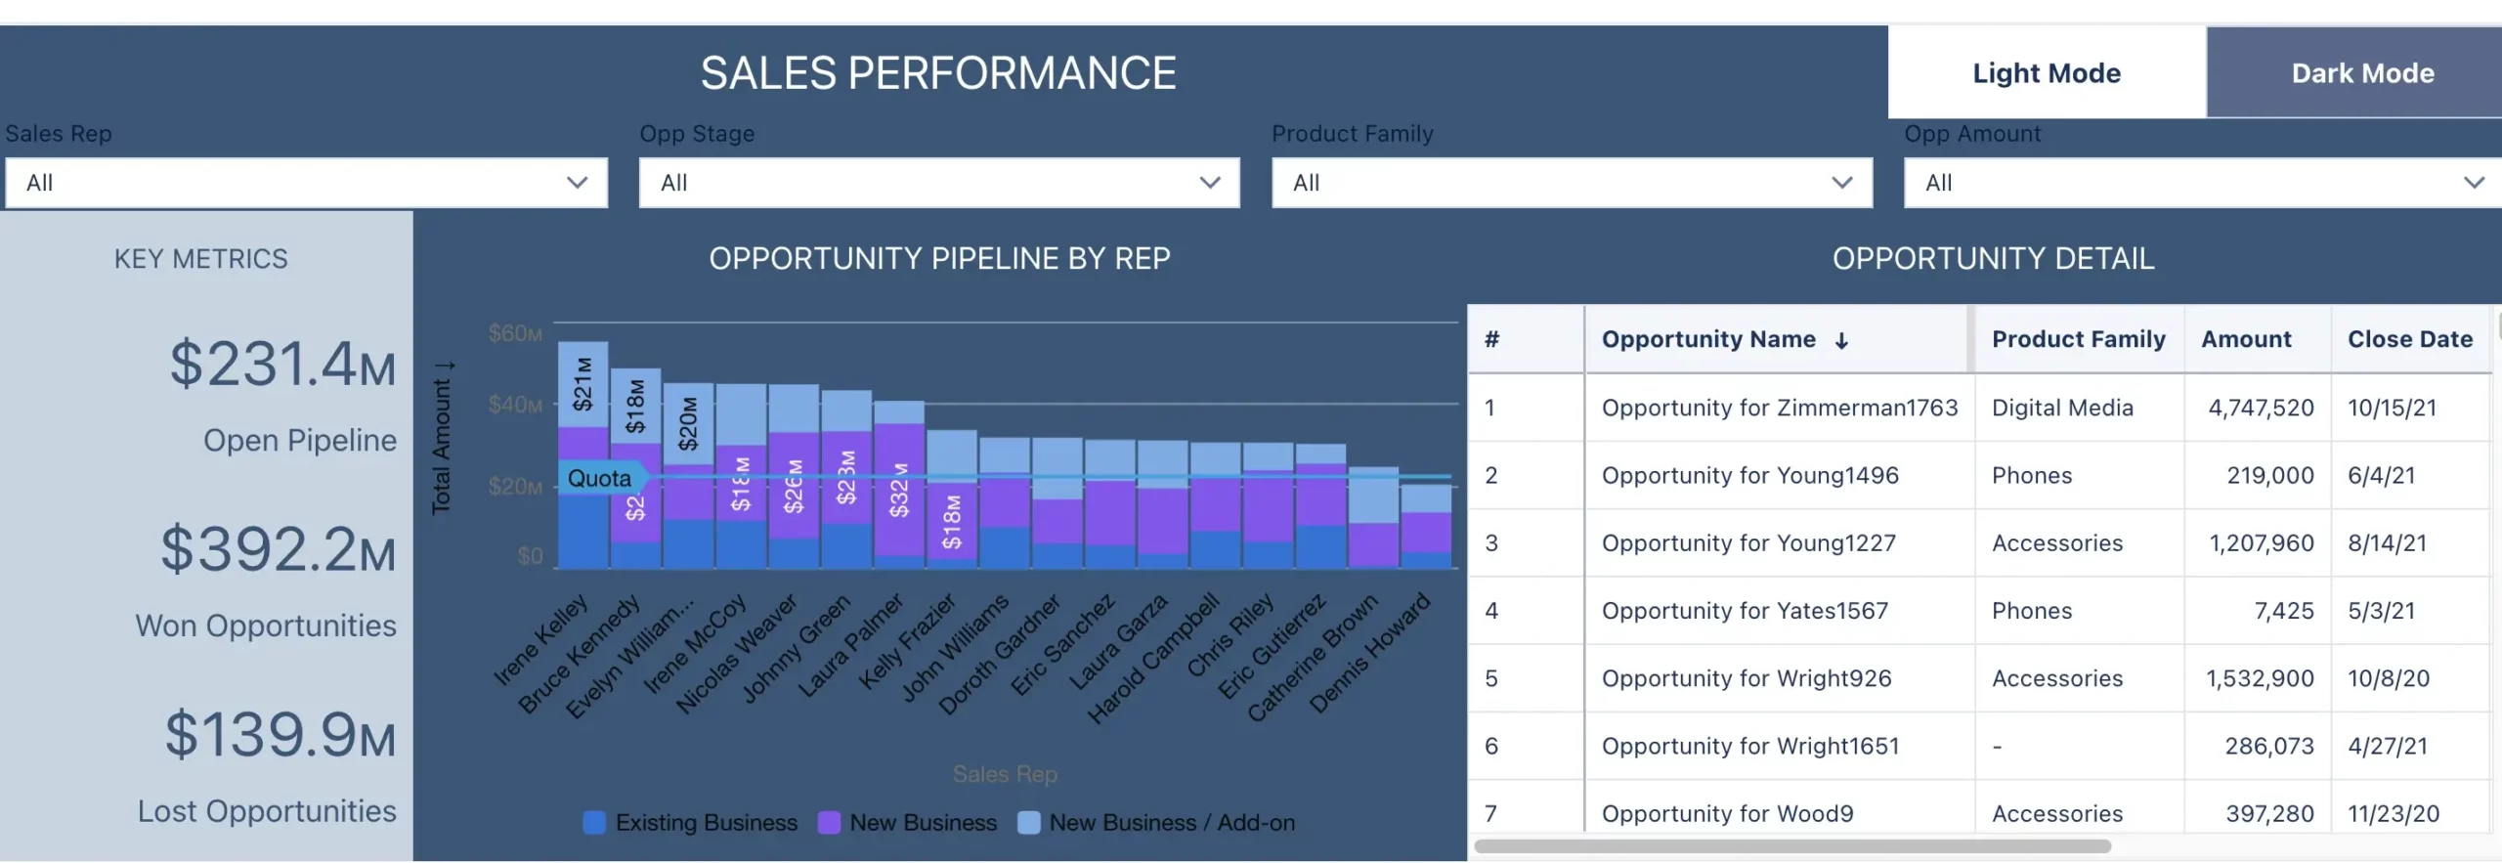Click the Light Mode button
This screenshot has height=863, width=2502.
pos(2046,73)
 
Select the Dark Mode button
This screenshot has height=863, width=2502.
pos(2362,73)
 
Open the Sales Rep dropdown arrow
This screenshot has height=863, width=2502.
pos(578,183)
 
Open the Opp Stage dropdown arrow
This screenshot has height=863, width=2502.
pos(1210,183)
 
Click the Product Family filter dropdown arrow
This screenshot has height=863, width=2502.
pos(1842,183)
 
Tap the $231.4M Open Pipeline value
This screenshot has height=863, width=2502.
pos(282,365)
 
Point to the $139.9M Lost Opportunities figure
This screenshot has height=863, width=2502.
pos(280,735)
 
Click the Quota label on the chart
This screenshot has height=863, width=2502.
pos(599,478)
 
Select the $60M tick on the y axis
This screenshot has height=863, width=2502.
pos(515,334)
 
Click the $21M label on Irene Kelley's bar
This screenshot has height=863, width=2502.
pos(582,383)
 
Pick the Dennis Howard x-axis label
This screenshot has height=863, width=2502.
pos(1370,652)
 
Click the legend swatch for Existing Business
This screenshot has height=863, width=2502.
pos(593,823)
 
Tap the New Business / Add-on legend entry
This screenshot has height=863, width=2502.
pos(1171,823)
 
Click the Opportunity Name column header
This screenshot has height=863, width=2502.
pos(1708,339)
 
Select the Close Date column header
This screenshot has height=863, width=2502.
pos(2409,339)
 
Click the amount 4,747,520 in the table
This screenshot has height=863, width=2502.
pos(2261,408)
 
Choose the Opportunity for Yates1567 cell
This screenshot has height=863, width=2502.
pos(1745,611)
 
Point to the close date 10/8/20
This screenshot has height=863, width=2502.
pos(2388,678)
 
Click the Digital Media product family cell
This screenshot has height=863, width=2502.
pos(2062,408)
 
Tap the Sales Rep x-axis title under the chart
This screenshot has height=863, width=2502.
pos(1005,774)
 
